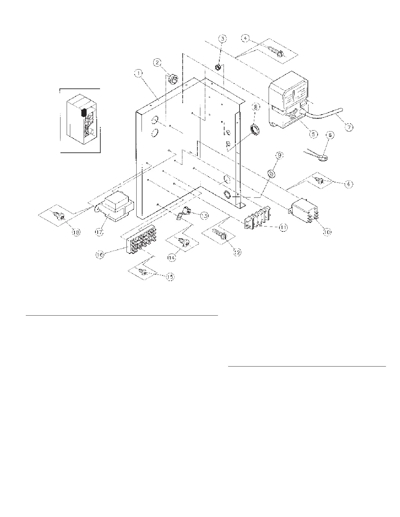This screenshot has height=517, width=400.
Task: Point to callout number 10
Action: pyautogui.click(x=327, y=231)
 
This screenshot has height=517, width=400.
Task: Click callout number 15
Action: pyautogui.click(x=170, y=277)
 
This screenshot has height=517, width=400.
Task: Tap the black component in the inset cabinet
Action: pyautogui.click(x=83, y=113)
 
